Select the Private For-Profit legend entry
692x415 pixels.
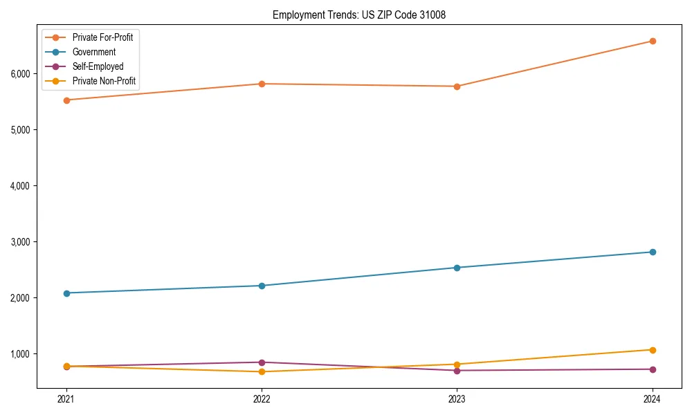[102, 37]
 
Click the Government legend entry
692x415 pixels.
[94, 52]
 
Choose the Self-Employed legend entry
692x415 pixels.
[98, 66]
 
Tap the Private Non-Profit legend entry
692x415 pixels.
[104, 81]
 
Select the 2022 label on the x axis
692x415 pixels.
[262, 399]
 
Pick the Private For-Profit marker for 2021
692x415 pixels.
[66, 100]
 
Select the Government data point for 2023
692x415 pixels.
[457, 268]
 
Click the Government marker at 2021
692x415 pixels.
[66, 293]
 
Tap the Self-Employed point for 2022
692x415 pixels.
[262, 362]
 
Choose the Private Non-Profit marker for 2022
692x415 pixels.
[262, 372]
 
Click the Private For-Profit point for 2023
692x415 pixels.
[457, 86]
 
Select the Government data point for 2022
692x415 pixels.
[262, 286]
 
